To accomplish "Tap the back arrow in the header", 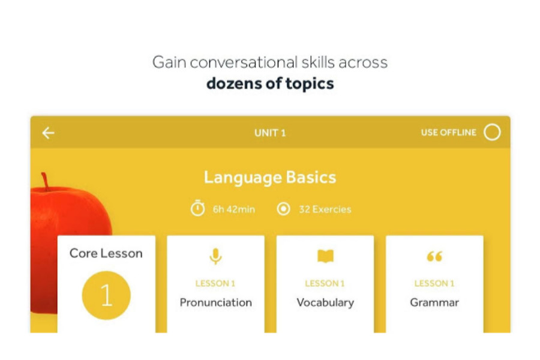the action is point(48,133).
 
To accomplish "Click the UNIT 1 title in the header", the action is point(270,133).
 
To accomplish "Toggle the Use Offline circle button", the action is point(492,132).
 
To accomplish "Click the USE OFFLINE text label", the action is point(449,133).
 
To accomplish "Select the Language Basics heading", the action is point(270,178).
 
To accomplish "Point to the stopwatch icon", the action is point(197,208).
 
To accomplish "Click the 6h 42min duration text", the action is point(234,209).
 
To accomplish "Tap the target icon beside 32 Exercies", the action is point(283,209).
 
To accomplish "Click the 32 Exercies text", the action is point(325,209).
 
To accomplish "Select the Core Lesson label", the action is point(106,254).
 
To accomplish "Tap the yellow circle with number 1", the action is point(106,295).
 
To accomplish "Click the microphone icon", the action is point(215,256).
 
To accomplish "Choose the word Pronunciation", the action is point(216,302).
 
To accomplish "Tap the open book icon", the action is point(325,256).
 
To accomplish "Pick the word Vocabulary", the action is point(325,303).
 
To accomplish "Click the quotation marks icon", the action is point(434,256).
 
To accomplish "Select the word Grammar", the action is point(434,302).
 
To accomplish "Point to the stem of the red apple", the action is point(45,181).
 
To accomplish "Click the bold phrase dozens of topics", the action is point(270,84).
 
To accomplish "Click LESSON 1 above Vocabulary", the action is point(325,284).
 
